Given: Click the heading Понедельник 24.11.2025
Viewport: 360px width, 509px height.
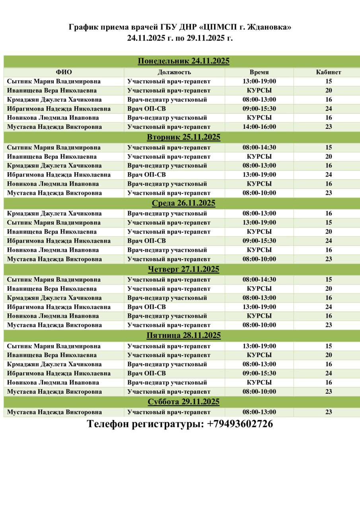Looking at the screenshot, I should coord(183,61).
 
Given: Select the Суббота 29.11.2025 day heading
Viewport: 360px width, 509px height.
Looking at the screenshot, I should coord(183,402).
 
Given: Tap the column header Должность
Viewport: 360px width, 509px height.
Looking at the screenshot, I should coord(174,72).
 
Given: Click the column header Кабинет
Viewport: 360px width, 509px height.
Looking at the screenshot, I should coord(328,72).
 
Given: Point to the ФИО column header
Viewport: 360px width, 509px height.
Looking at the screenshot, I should coord(64,72).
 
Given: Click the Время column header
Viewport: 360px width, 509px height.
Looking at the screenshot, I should coord(259,72).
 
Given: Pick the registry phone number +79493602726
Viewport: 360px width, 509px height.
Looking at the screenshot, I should coord(240,424).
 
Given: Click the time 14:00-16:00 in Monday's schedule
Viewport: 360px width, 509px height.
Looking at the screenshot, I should coord(259,127).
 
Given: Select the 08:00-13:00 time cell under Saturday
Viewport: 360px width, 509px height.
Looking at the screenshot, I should coord(259,412).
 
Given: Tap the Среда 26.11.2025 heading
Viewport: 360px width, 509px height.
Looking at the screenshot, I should coord(183,203).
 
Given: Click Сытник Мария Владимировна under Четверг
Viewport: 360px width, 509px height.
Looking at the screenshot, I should coord(54,280).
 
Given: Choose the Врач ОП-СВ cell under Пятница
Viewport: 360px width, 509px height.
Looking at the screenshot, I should coord(146,373).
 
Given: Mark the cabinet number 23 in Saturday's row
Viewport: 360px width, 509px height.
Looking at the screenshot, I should coord(328,412).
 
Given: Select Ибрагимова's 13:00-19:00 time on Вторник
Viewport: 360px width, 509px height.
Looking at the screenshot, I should coord(259,175).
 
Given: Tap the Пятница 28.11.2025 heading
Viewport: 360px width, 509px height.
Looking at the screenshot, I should coord(183,336).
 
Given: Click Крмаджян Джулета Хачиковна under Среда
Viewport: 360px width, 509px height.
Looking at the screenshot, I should coord(54,214).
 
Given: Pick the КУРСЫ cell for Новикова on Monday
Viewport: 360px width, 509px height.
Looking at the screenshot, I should coord(259,118).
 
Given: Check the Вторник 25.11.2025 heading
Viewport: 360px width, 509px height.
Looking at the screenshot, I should coord(183,137).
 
